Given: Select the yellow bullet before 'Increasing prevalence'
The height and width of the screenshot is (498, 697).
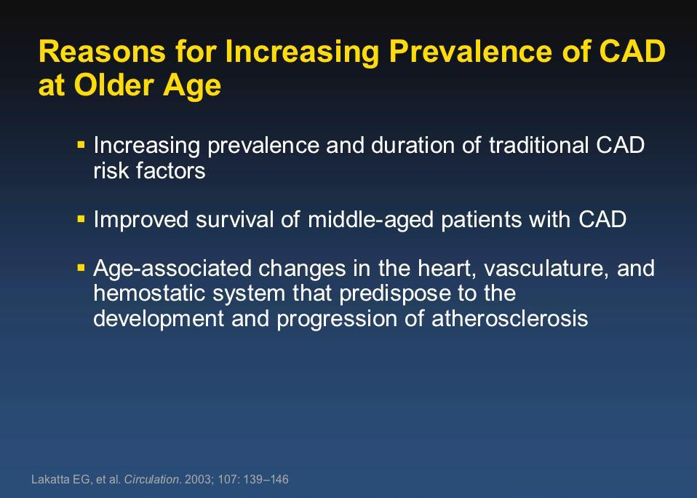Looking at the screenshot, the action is [81, 144].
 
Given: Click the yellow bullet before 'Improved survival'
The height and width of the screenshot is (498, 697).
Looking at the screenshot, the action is [81, 218].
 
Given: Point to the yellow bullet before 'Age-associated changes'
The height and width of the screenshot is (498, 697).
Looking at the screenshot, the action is [81, 268].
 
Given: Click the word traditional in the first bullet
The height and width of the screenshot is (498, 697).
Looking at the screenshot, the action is [538, 145].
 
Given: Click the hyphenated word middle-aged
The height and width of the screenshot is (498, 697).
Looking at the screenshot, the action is [370, 220].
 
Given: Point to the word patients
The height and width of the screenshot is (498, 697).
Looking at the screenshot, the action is [481, 220].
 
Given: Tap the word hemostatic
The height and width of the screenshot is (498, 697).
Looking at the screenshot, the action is [149, 293].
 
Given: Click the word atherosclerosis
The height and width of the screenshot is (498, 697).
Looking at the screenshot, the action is [510, 319].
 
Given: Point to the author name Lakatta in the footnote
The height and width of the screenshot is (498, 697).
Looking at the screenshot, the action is [47, 479].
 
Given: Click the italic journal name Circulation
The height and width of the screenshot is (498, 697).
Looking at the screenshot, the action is [151, 479].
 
